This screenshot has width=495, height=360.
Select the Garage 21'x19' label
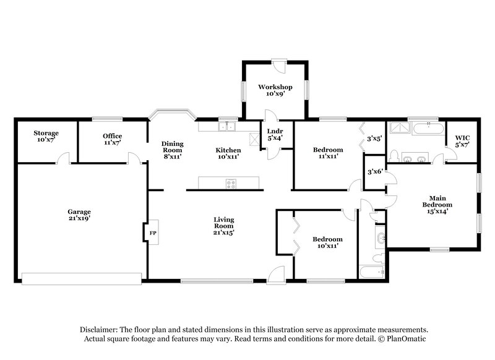tap(79, 215)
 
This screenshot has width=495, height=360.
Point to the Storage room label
tap(46, 137)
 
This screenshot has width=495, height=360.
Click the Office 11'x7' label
tap(112, 139)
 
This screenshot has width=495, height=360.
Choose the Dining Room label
tap(172, 150)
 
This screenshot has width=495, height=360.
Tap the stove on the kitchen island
tap(231, 183)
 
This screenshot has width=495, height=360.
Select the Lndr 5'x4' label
tap(275, 134)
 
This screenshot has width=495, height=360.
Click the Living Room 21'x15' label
tap(223, 226)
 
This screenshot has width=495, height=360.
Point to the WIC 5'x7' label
tap(462, 140)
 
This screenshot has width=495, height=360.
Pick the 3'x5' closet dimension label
tap(374, 139)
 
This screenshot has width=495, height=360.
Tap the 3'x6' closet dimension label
tap(374, 171)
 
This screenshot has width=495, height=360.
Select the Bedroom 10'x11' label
tap(327, 242)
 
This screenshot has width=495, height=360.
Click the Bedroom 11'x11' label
tap(327, 153)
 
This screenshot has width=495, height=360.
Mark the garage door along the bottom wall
tap(81, 279)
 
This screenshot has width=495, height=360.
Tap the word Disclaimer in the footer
tap(100, 330)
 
